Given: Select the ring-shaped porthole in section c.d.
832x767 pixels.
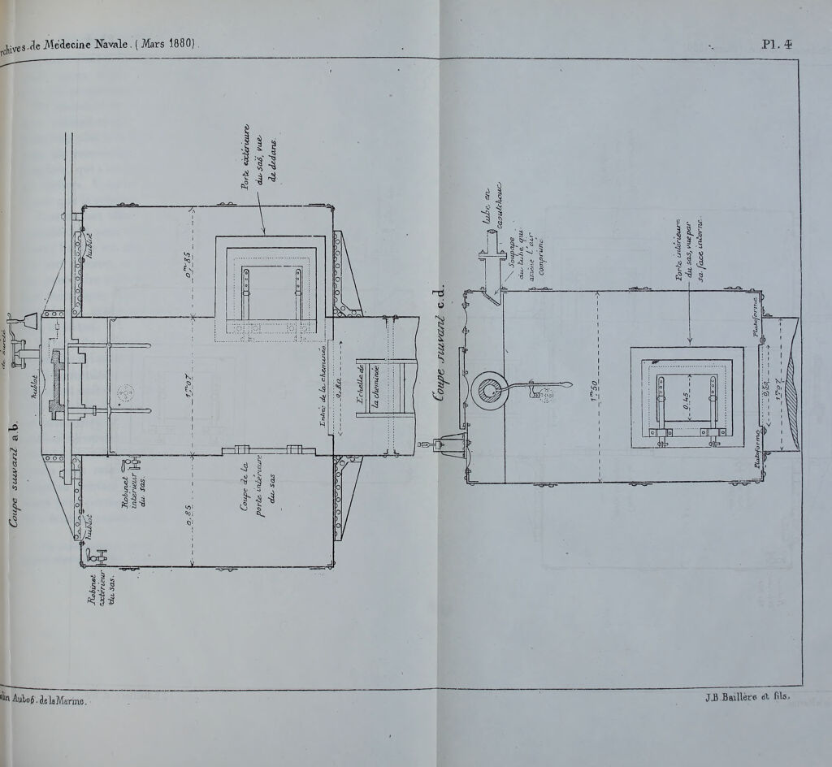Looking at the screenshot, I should pyautogui.click(x=492, y=392).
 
